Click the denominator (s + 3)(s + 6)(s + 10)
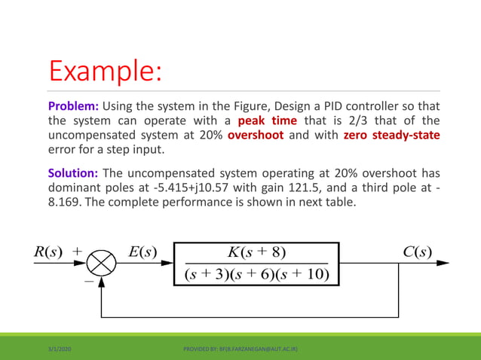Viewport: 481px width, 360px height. pyautogui.click(x=256, y=273)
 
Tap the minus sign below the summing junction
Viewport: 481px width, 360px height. pyautogui.click(x=88, y=281)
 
